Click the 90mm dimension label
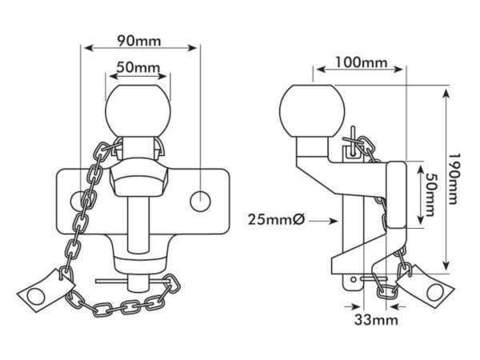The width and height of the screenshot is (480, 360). click(139, 41)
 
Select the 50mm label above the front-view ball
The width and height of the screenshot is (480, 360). click(138, 67)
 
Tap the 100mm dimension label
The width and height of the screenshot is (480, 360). click(362, 62)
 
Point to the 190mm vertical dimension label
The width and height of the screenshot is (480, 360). click(454, 178)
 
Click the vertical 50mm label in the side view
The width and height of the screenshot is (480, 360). click(430, 195)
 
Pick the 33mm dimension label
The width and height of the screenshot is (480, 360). click(376, 320)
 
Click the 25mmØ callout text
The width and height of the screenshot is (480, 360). click(276, 219)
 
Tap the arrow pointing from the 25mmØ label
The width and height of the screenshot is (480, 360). click(323, 221)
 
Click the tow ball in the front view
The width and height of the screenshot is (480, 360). click(138, 110)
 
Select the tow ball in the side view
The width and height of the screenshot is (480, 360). click(312, 111)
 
